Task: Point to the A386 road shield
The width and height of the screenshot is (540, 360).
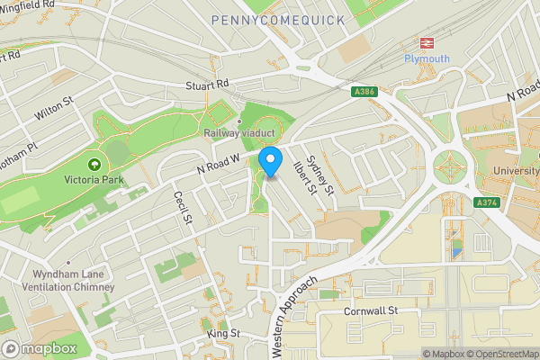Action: tap(364, 92)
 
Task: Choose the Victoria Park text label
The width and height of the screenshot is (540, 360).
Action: tap(94, 180)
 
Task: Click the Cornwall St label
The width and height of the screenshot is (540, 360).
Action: tap(369, 311)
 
